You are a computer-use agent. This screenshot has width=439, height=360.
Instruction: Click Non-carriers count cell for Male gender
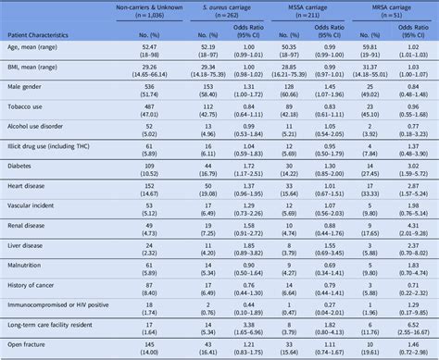pyautogui.click(x=148, y=116)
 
